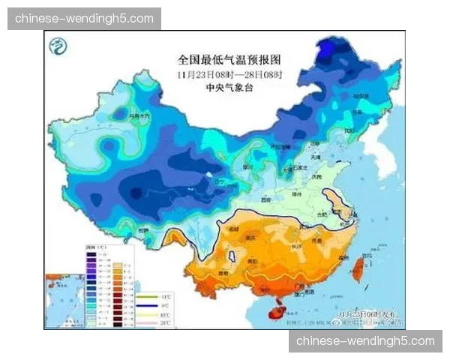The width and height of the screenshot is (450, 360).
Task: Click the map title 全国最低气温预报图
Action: (224, 58)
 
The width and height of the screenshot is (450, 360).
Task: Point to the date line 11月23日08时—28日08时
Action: (224, 73)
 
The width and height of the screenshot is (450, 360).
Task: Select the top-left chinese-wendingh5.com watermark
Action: (84, 18)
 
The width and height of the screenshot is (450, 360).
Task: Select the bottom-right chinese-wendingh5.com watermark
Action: (365, 341)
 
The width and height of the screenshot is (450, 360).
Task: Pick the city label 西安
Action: (264, 201)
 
